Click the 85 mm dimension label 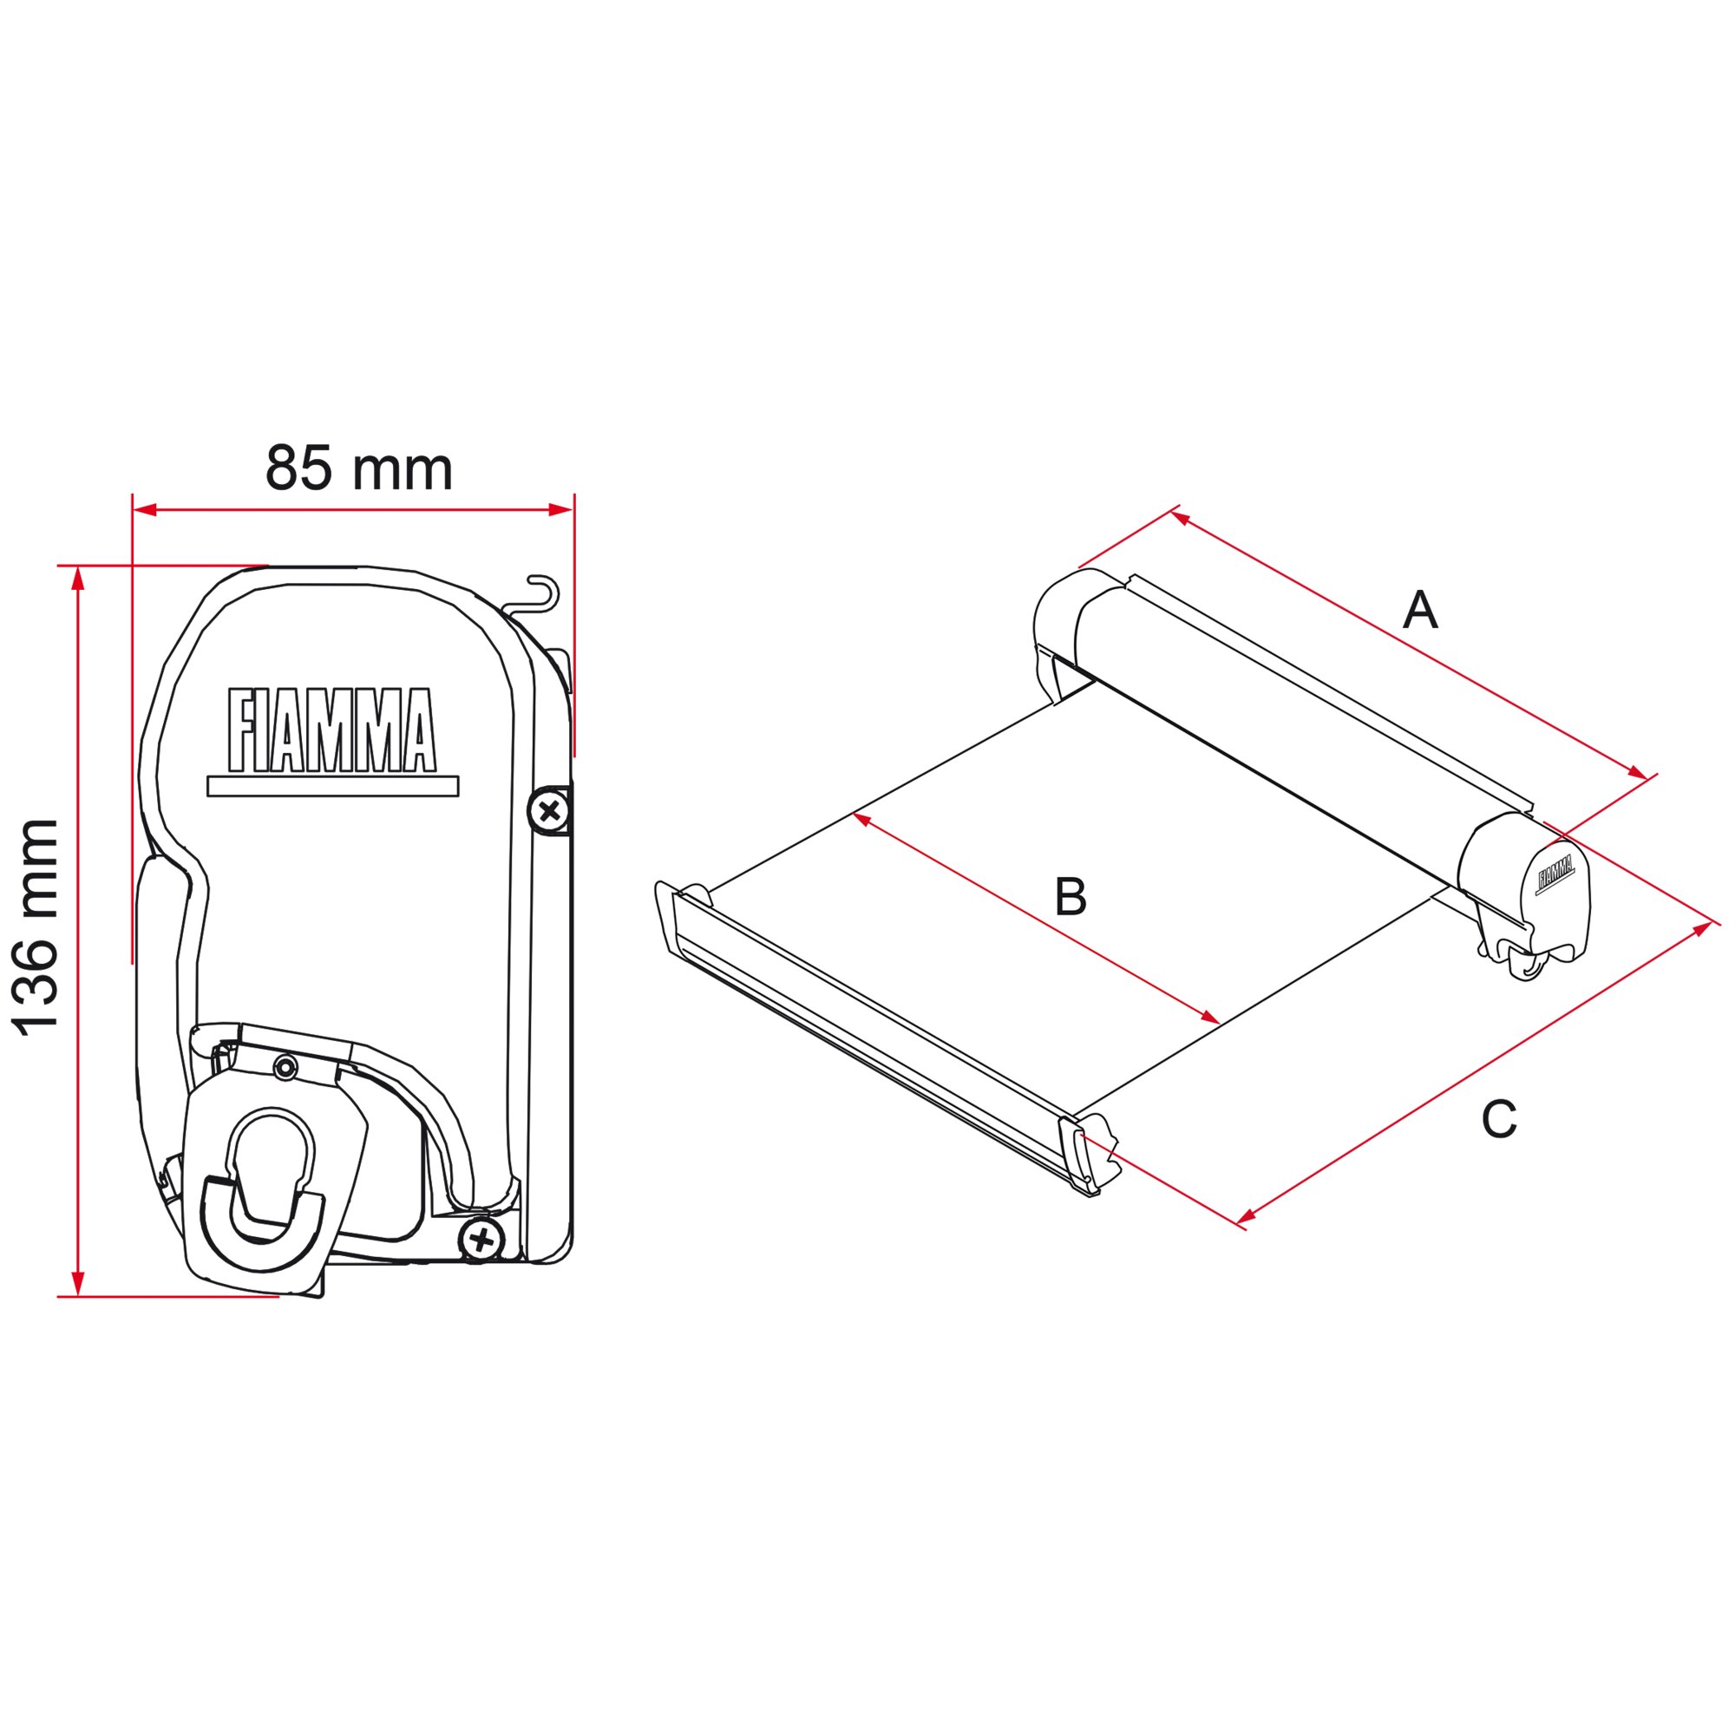pyautogui.click(x=358, y=468)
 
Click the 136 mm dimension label pyautogui.click(x=37, y=927)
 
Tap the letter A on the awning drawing pyautogui.click(x=1420, y=611)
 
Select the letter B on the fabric pyautogui.click(x=1070, y=896)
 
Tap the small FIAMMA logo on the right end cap pyautogui.click(x=1556, y=873)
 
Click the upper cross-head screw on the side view pyautogui.click(x=549, y=812)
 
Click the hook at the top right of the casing pyautogui.click(x=541, y=593)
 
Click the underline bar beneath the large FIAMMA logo pyautogui.click(x=332, y=787)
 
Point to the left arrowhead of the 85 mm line pyautogui.click(x=144, y=510)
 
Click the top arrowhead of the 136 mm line pyautogui.click(x=78, y=579)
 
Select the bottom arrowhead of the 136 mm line pyautogui.click(x=78, y=1285)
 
